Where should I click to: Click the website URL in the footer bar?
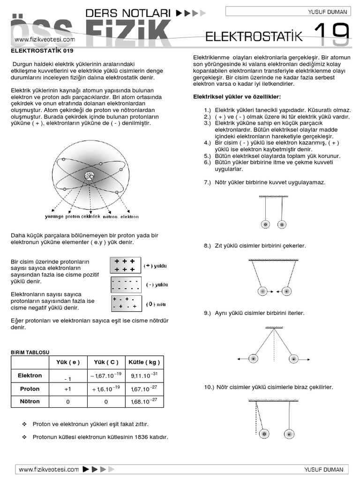pyautogui.click(x=48, y=469)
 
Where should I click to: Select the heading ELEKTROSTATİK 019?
pyautogui.click(x=42, y=50)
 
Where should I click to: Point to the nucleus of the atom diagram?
pyautogui.click(x=89, y=176)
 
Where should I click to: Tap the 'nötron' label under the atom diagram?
pyautogui.click(x=110, y=217)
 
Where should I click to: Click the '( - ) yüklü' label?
pyautogui.click(x=156, y=285)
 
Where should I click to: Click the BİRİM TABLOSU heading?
pyautogui.click(x=30, y=352)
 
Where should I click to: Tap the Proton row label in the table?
pyautogui.click(x=30, y=389)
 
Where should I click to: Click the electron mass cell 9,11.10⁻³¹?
pyautogui.click(x=144, y=375)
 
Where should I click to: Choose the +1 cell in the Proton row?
pyautogui.click(x=67, y=389)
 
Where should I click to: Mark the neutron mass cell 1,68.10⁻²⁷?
pyautogui.click(x=144, y=402)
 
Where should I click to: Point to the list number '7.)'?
pyautogui.click(x=208, y=182)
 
